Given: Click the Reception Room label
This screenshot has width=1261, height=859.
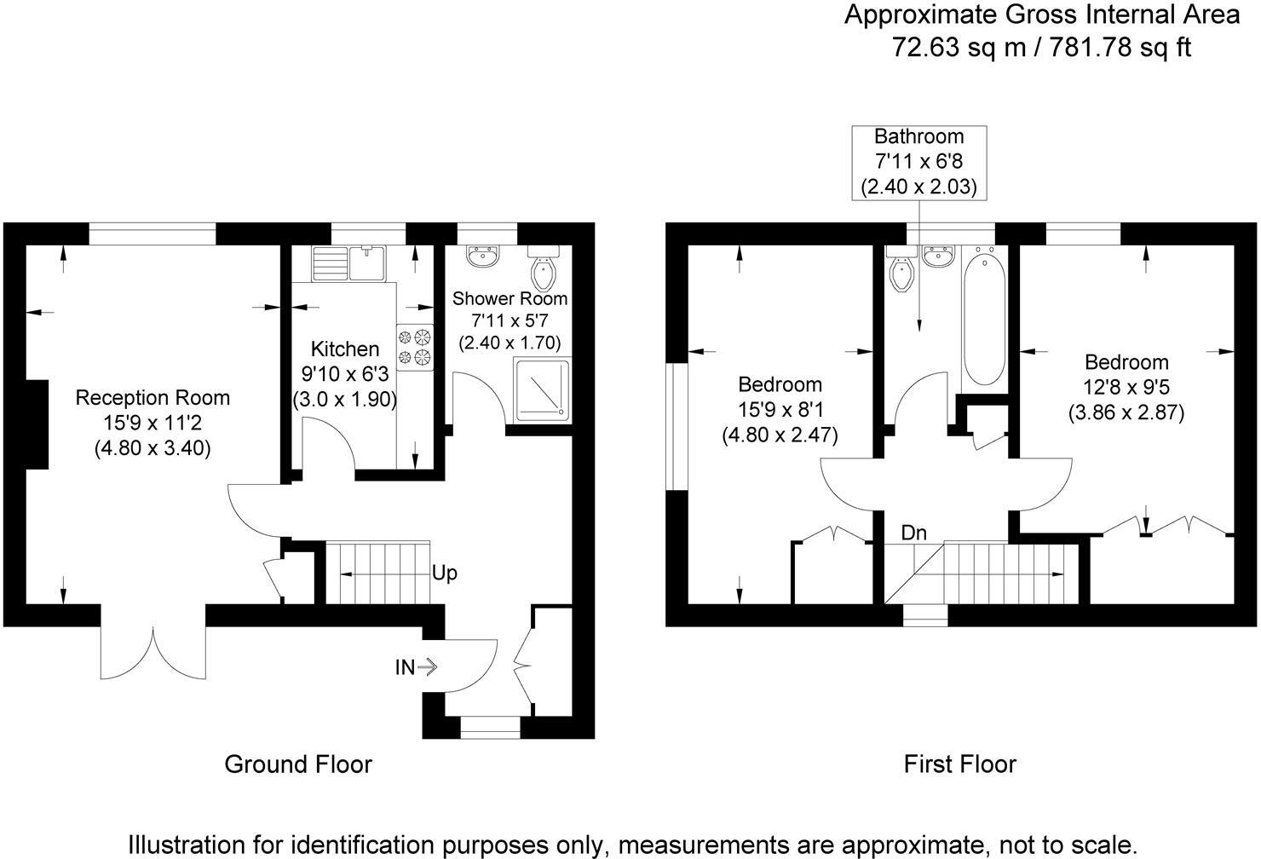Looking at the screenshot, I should [x=153, y=397].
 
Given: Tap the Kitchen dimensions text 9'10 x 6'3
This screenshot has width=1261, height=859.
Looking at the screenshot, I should [x=344, y=374].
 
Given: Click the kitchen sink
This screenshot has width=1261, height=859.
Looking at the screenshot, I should [x=349, y=262].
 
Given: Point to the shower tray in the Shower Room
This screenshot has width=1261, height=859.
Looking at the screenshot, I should [x=541, y=389].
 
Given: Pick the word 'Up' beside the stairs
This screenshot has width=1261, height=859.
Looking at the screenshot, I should [x=444, y=573].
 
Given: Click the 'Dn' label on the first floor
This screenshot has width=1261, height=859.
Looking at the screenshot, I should [x=913, y=533].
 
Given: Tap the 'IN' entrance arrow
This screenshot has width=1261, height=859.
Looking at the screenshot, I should [x=415, y=667].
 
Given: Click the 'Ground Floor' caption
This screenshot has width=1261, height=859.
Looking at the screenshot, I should [x=297, y=764].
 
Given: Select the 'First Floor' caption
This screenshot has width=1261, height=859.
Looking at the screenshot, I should [x=959, y=764].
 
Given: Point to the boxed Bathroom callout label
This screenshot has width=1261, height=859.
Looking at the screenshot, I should [x=919, y=162].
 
